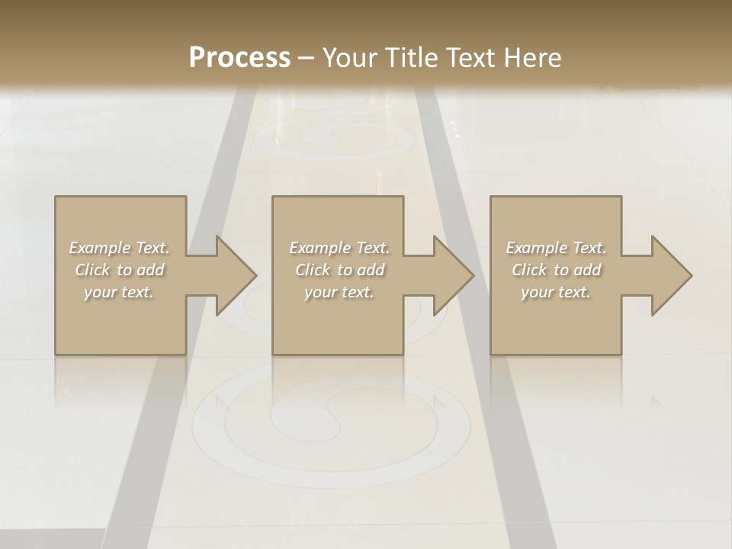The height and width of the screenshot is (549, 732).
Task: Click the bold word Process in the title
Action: pyautogui.click(x=239, y=58)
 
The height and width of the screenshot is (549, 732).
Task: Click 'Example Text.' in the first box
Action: pyautogui.click(x=120, y=248)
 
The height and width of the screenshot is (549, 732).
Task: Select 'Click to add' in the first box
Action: pyautogui.click(x=120, y=270)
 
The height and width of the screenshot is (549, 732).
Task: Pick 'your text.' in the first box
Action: pyautogui.click(x=120, y=292)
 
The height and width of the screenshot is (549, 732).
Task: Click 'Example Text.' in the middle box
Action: pyautogui.click(x=339, y=248)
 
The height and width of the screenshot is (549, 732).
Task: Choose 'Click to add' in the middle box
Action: pyautogui.click(x=339, y=270)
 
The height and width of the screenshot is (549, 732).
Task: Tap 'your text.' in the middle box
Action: pyautogui.click(x=339, y=292)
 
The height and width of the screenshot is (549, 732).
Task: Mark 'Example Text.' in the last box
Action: pyautogui.click(x=556, y=248)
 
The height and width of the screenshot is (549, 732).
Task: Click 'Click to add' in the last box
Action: pyautogui.click(x=556, y=270)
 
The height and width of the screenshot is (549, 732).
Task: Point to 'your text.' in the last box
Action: pyautogui.click(x=556, y=292)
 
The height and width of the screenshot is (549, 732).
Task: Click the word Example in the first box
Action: pyautogui.click(x=100, y=248)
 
